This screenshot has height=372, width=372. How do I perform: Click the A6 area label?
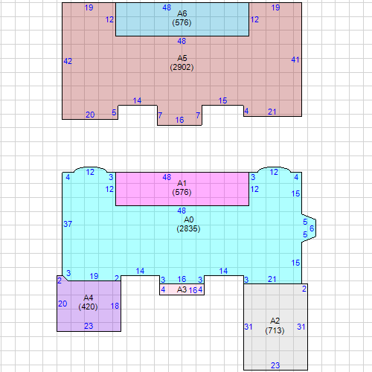pos(182,13)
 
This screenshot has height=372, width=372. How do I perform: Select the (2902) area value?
pos(182,67)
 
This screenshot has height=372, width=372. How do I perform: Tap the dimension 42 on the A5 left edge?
pos(68,61)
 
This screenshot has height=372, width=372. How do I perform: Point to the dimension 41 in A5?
pos(295,60)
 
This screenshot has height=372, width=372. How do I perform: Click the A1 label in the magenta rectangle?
pos(182,183)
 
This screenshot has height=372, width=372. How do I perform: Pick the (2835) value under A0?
pos(188,228)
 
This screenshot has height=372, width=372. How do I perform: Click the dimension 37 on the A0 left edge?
pos(68,224)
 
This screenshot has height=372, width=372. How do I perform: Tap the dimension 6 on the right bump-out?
pos(312,228)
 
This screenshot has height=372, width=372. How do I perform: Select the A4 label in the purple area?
pos(89,298)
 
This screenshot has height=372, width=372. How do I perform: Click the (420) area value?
pos(88,307)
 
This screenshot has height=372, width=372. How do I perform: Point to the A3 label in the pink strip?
pos(182,289)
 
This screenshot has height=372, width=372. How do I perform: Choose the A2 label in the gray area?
pos(275,321)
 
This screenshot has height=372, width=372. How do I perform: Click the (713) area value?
pos(275,330)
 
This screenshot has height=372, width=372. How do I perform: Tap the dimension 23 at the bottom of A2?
pos(275,365)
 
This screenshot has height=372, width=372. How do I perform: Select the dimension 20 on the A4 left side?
pos(62,304)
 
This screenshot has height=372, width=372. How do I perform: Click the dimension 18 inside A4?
pos(115,306)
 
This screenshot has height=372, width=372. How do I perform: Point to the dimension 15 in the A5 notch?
pos(222,100)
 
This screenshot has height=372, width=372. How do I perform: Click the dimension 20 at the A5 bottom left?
pos(90,115)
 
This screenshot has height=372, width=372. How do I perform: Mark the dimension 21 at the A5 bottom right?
pos(272,112)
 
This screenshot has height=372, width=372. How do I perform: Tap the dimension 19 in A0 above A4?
pos(94,276)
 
